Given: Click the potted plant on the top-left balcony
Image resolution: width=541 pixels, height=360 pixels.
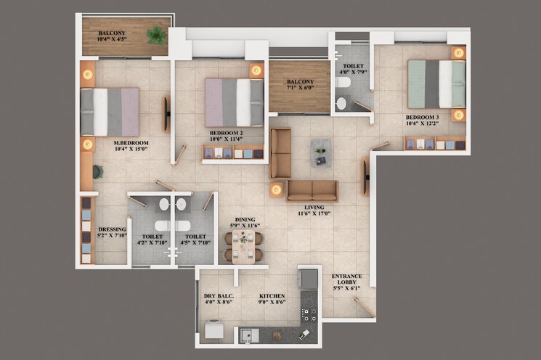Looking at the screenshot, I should (155, 35).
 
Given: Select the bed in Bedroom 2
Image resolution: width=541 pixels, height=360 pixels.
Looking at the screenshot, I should (234, 102).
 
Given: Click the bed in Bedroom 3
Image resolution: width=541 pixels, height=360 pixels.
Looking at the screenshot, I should (436, 83).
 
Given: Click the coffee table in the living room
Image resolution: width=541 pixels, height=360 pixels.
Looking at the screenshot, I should (321, 152).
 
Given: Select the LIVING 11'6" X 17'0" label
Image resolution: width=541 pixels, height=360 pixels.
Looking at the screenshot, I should (314, 210).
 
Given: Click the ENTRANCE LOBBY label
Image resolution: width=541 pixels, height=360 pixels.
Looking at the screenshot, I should (346, 282).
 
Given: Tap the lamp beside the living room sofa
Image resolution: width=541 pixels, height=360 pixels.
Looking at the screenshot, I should (276, 189).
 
